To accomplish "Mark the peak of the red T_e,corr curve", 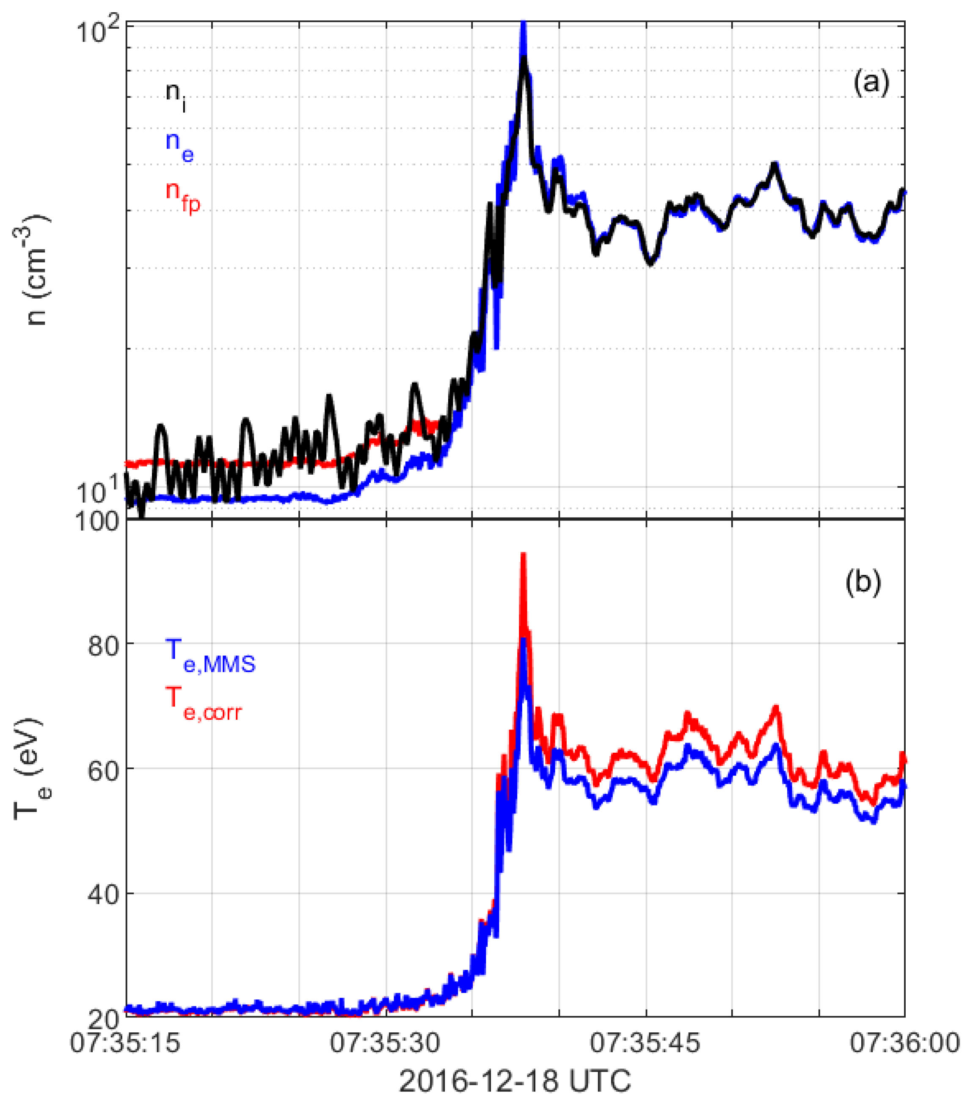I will [522, 555].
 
